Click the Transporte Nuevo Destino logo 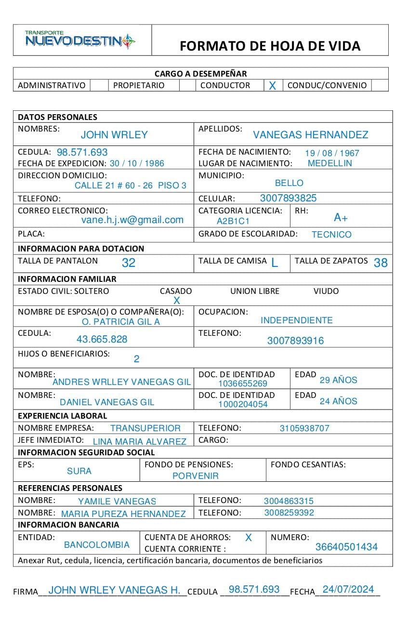(80, 40)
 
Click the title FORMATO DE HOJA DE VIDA (270, 46)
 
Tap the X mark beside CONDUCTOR (272, 86)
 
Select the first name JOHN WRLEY (114, 135)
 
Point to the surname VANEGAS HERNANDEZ (310, 135)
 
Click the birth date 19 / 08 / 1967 (332, 153)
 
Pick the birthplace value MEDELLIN (329, 163)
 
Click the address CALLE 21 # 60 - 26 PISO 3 (130, 185)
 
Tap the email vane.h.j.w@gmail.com (132, 220)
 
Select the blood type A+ (341, 218)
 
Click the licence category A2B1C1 (233, 222)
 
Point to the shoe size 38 (380, 263)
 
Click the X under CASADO (176, 301)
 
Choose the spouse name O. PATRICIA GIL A (120, 322)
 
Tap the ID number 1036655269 (242, 384)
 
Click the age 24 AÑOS (338, 401)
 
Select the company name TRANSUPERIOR (145, 428)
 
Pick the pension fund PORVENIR (196, 476)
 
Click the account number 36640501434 (346, 547)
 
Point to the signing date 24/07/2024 (348, 589)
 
